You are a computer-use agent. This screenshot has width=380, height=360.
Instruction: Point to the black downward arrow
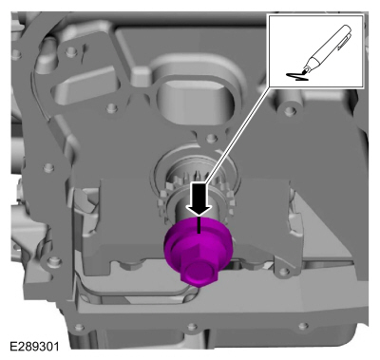tap(199, 199)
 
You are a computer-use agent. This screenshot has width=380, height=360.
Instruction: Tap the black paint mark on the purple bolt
tap(199, 225)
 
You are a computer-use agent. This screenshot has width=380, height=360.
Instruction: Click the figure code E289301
tap(34, 346)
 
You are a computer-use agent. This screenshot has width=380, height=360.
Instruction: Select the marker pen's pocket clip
tap(345, 43)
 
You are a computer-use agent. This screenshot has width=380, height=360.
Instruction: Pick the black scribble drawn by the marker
tap(297, 77)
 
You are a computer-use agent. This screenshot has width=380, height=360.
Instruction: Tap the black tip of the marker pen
tap(304, 72)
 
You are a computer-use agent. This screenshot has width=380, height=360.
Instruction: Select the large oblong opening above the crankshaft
tap(194, 98)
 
